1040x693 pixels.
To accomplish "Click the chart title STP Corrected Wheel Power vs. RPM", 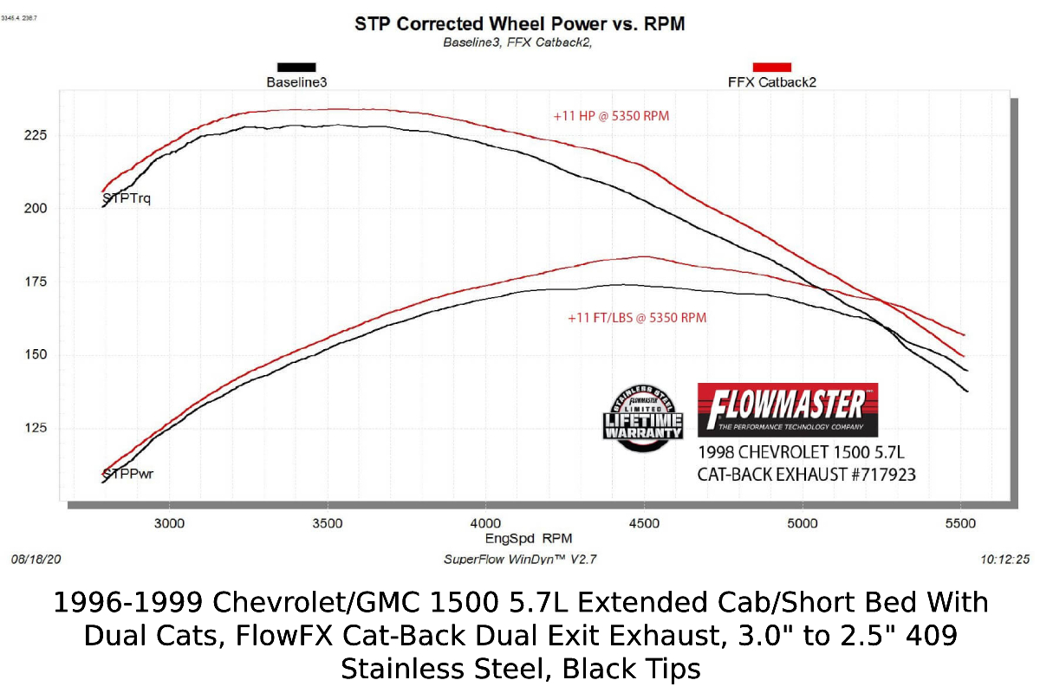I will tap(519, 24).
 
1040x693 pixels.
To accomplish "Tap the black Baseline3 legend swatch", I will tap(296, 67).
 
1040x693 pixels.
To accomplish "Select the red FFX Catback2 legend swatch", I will tap(771, 67).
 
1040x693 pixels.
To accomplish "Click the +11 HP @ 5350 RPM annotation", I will tap(611, 115).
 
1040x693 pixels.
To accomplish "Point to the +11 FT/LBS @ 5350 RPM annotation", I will tap(637, 318).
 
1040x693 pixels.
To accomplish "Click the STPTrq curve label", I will tap(127, 199).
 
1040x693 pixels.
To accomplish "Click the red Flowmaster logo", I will tap(787, 409).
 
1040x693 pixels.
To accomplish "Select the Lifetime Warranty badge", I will tap(643, 416).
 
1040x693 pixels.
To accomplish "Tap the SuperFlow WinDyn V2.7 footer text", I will tap(519, 560).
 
